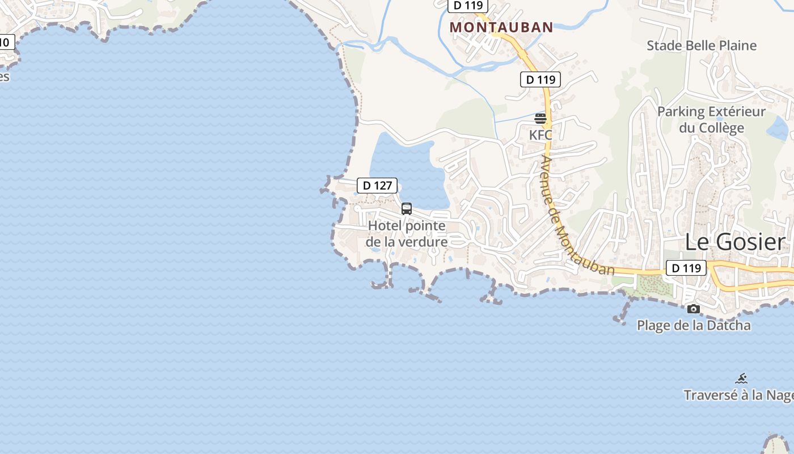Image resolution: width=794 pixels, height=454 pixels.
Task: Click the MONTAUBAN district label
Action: click(x=501, y=27)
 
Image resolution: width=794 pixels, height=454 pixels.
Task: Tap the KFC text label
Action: click(x=540, y=135)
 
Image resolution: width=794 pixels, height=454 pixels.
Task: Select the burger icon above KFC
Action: click(x=540, y=119)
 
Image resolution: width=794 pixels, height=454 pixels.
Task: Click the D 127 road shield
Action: click(x=377, y=186)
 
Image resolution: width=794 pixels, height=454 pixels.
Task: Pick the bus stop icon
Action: click(x=407, y=208)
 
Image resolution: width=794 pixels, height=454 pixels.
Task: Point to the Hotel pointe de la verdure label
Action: click(x=407, y=234)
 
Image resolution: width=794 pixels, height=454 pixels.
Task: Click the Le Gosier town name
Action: click(x=735, y=242)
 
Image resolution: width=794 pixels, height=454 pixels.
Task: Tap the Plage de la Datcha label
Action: click(x=694, y=326)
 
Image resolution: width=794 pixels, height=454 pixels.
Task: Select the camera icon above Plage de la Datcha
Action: click(x=693, y=309)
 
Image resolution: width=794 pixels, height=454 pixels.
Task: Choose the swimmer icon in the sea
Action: click(x=741, y=379)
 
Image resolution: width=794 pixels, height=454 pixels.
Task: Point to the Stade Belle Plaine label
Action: click(x=702, y=45)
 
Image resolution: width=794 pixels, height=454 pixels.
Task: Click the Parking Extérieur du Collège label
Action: click(x=711, y=119)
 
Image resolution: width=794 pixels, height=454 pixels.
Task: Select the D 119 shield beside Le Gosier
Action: click(x=686, y=268)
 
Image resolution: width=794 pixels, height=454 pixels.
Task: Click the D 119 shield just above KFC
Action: click(x=540, y=79)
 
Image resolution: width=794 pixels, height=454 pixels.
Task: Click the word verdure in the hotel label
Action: click(x=423, y=242)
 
